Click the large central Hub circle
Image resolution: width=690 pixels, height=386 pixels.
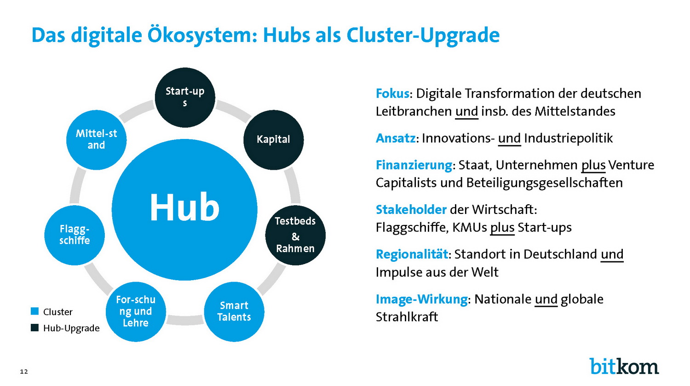tap(184, 210)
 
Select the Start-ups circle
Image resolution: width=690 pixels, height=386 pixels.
tap(185, 98)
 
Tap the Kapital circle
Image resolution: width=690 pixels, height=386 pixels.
tap(274, 139)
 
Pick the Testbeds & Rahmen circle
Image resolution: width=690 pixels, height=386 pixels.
tap(295, 235)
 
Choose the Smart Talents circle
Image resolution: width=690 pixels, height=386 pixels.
tap(234, 311)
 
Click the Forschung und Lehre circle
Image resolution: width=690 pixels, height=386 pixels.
tap(136, 311)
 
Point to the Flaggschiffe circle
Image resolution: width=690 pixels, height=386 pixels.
tap(75, 235)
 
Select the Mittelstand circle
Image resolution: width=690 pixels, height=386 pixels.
tap(97, 139)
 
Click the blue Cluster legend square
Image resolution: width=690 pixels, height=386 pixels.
tap(35, 311)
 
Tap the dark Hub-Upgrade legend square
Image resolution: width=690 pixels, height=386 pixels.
tap(35, 328)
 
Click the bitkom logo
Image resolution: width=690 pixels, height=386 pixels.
tap(624, 366)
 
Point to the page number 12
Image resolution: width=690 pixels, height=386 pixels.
tap(24, 372)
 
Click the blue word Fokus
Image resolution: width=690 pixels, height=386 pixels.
tap(392, 93)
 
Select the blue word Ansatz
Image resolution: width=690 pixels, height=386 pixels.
tap(396, 138)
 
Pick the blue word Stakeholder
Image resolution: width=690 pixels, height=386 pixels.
tap(411, 209)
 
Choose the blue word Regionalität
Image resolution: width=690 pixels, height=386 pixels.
tap(412, 254)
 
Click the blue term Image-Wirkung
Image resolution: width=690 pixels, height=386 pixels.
tap(422, 299)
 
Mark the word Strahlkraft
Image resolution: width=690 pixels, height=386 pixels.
tap(407, 317)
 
